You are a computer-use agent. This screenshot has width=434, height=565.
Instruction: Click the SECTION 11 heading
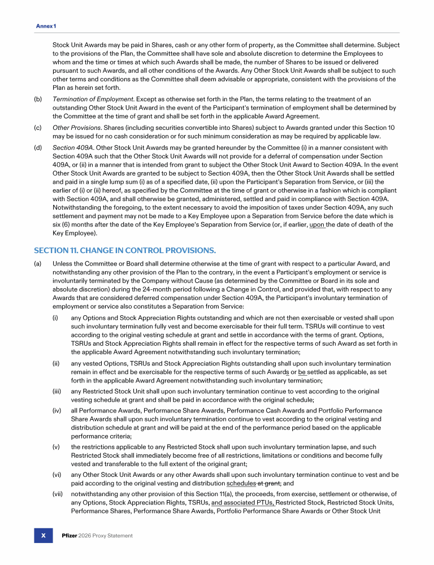click(125, 250)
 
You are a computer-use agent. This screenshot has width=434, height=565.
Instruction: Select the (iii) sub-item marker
click(57, 391)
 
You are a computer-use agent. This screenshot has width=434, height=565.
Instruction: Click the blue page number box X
click(43, 535)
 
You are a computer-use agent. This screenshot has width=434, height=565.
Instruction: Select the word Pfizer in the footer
click(70, 536)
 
